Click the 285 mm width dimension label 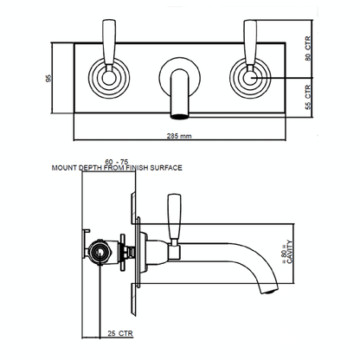(x=179, y=136)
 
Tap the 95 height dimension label (x=48, y=78)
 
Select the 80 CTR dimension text (x=308, y=48)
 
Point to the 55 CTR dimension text (x=308, y=97)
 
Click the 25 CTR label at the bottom (x=120, y=333)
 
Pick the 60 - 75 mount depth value (x=117, y=162)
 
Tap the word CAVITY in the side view (x=290, y=252)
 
